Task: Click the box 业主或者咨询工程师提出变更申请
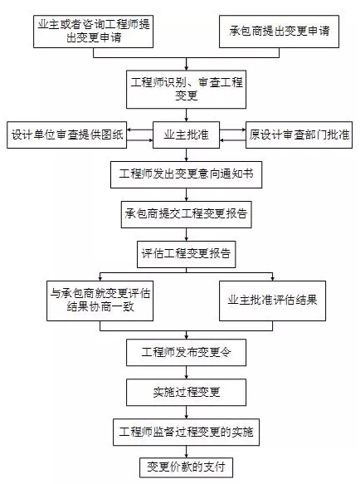coord(93,32)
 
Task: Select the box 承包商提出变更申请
coord(279,32)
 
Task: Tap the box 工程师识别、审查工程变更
coord(186,89)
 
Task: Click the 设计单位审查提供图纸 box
coord(66,134)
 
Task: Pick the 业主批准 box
coord(186,134)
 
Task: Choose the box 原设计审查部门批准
coord(299,134)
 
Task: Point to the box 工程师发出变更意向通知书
coord(186,174)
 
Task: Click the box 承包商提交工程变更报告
coord(186,214)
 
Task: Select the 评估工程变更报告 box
coord(186,254)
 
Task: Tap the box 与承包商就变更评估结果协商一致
coord(100,301)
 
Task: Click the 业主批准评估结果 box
coord(272,301)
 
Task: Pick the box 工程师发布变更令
coord(186,353)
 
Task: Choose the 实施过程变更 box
coord(186,393)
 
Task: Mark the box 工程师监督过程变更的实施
coord(186,433)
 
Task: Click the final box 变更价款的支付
coord(186,467)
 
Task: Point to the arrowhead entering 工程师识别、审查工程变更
coord(187,68)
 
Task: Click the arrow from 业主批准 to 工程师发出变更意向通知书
coord(187,154)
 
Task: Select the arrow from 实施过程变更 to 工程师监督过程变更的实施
coord(187,412)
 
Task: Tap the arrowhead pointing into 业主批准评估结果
coord(272,279)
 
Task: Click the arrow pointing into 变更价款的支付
coord(187,452)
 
